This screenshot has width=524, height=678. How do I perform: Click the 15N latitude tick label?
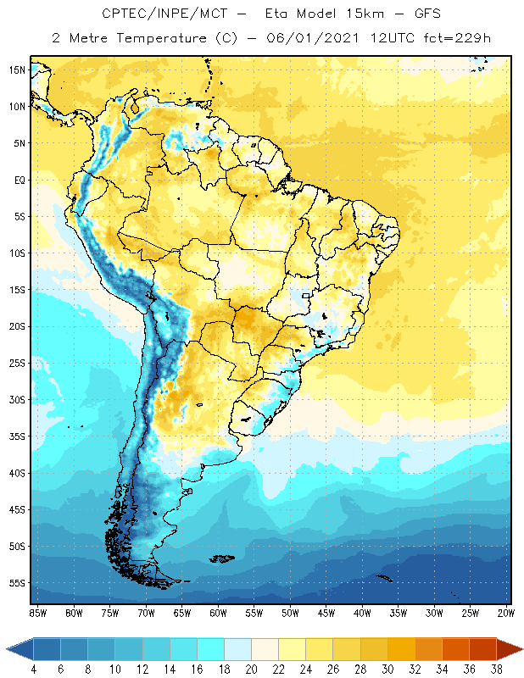pos(16,70)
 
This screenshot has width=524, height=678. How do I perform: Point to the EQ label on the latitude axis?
pos(16,180)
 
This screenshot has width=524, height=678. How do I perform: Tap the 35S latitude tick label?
pos(16,436)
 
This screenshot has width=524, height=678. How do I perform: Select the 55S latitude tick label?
pos(16,583)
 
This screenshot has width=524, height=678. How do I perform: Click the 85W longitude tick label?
pos(37,613)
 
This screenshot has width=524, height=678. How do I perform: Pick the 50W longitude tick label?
pos(291,613)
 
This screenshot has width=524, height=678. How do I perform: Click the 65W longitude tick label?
pos(182,613)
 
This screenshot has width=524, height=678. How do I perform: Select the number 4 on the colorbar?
pos(33,670)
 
